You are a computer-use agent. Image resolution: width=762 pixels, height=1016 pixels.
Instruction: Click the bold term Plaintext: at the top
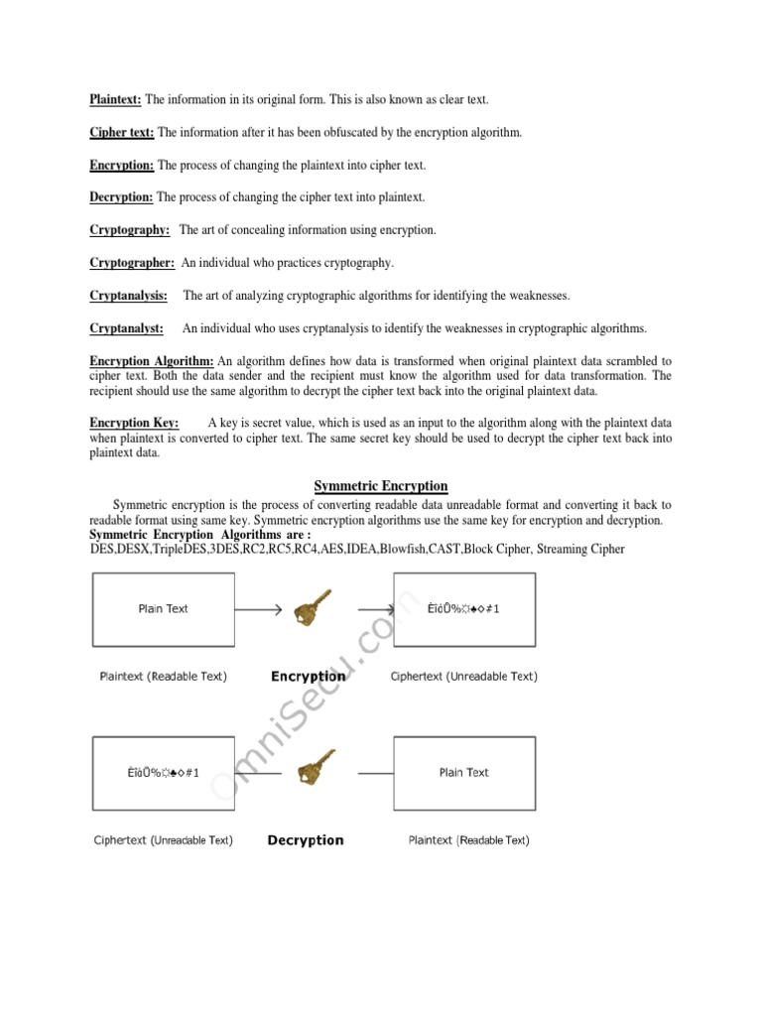tap(117, 100)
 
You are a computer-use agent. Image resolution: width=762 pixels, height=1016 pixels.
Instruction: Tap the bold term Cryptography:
tap(130, 230)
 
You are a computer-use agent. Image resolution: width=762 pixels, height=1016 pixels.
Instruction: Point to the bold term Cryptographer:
tap(133, 263)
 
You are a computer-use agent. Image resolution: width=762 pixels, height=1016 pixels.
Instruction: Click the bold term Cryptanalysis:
tap(129, 296)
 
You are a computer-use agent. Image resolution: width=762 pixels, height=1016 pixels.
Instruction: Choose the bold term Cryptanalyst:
tap(127, 328)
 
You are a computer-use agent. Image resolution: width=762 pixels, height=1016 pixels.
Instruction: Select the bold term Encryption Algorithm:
tap(152, 361)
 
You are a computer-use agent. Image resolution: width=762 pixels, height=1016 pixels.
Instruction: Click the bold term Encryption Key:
tap(135, 423)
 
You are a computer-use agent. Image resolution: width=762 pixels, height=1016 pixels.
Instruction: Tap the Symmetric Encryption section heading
tap(381, 486)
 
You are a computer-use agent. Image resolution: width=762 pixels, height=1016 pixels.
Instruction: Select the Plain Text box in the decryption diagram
tap(464, 772)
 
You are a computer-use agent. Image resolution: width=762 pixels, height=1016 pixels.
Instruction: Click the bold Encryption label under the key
tap(308, 677)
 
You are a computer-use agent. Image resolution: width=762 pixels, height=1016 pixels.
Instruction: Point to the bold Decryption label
tap(306, 840)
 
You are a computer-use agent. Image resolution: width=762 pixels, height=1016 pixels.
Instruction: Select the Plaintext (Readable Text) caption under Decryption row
tap(468, 840)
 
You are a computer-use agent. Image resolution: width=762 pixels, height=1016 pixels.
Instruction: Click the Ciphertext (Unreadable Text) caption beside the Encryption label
tap(464, 677)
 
